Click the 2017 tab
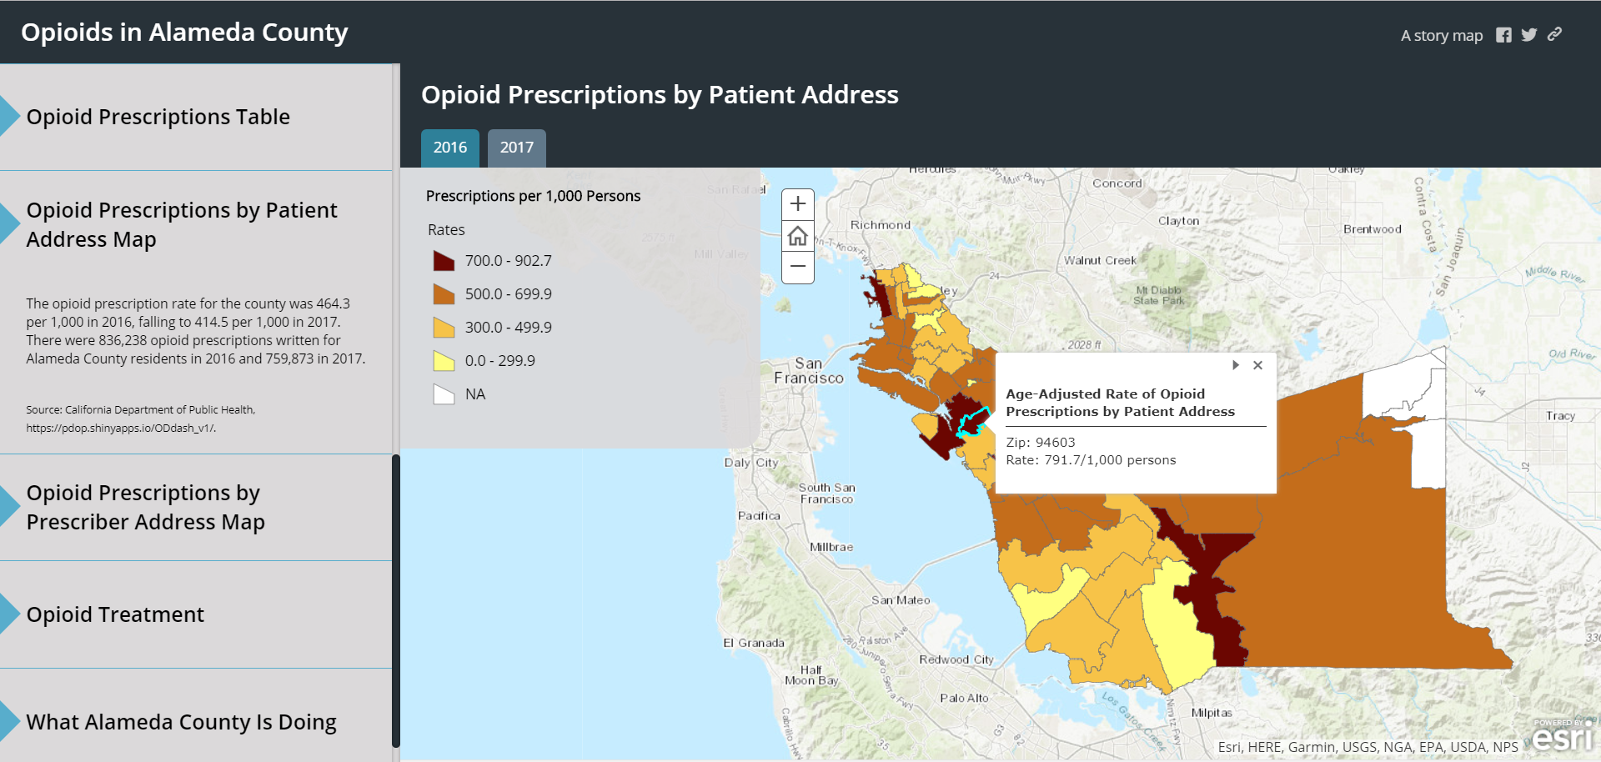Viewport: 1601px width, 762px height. pyautogui.click(x=516, y=148)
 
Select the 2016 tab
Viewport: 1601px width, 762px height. pyautogui.click(x=449, y=148)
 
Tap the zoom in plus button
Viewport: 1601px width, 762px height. pyautogui.click(x=798, y=204)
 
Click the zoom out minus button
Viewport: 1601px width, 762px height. pyautogui.click(x=798, y=267)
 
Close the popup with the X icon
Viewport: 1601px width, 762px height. pyautogui.click(x=1257, y=365)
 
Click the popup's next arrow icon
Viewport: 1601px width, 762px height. pyautogui.click(x=1235, y=365)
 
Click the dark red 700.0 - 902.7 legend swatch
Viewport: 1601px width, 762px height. pyautogui.click(x=444, y=261)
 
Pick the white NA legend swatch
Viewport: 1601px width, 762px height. pyautogui.click(x=444, y=394)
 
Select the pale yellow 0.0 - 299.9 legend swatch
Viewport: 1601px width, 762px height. pyautogui.click(x=444, y=361)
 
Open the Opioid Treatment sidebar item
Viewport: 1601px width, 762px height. pyautogui.click(x=115, y=614)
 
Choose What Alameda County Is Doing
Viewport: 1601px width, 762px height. pyautogui.click(x=181, y=722)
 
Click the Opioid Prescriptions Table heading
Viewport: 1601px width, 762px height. pyautogui.click(x=158, y=117)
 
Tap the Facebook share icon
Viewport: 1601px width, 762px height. pyautogui.click(x=1503, y=35)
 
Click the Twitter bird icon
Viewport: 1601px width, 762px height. pyautogui.click(x=1528, y=35)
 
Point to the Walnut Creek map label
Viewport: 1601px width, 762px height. pyautogui.click(x=1100, y=260)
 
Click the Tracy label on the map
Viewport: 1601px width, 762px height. pyautogui.click(x=1560, y=415)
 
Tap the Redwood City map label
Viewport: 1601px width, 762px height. pyautogui.click(x=956, y=659)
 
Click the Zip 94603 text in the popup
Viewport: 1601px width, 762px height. pyautogui.click(x=1040, y=443)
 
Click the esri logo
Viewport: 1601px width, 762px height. pyautogui.click(x=1562, y=737)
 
